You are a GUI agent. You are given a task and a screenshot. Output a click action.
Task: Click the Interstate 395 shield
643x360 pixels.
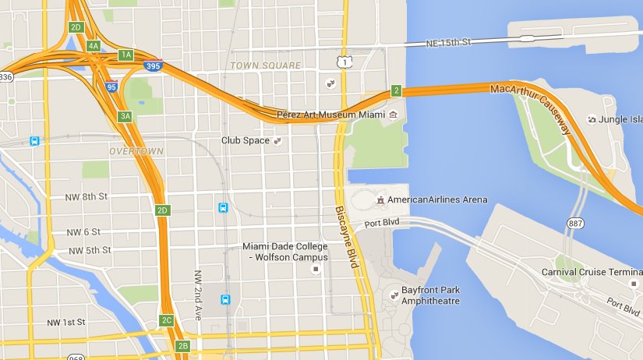[x=153, y=68]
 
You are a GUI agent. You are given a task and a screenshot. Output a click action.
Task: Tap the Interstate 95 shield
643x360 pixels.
[x=112, y=87]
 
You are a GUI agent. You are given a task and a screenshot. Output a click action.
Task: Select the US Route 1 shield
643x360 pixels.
[x=343, y=62]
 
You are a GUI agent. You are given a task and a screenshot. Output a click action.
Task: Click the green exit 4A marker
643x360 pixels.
[x=94, y=46]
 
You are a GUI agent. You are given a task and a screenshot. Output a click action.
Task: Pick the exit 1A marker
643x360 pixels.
[x=125, y=55]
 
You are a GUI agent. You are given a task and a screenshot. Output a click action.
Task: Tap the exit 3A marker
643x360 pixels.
[x=125, y=117]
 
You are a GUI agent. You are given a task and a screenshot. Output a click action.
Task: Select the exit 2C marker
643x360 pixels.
[x=166, y=320]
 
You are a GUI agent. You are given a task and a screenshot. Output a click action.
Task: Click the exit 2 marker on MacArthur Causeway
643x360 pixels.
[x=396, y=91]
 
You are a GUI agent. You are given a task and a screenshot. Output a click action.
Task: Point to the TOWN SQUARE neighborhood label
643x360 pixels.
[x=265, y=65]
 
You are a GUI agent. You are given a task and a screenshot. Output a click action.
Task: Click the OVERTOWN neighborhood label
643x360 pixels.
[x=136, y=150]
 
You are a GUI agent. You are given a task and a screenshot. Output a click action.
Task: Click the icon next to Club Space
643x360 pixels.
[x=276, y=141]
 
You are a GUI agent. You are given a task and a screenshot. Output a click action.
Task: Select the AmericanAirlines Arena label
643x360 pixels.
[x=437, y=199]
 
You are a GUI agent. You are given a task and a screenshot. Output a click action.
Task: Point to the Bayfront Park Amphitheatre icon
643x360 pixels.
[x=394, y=295]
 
